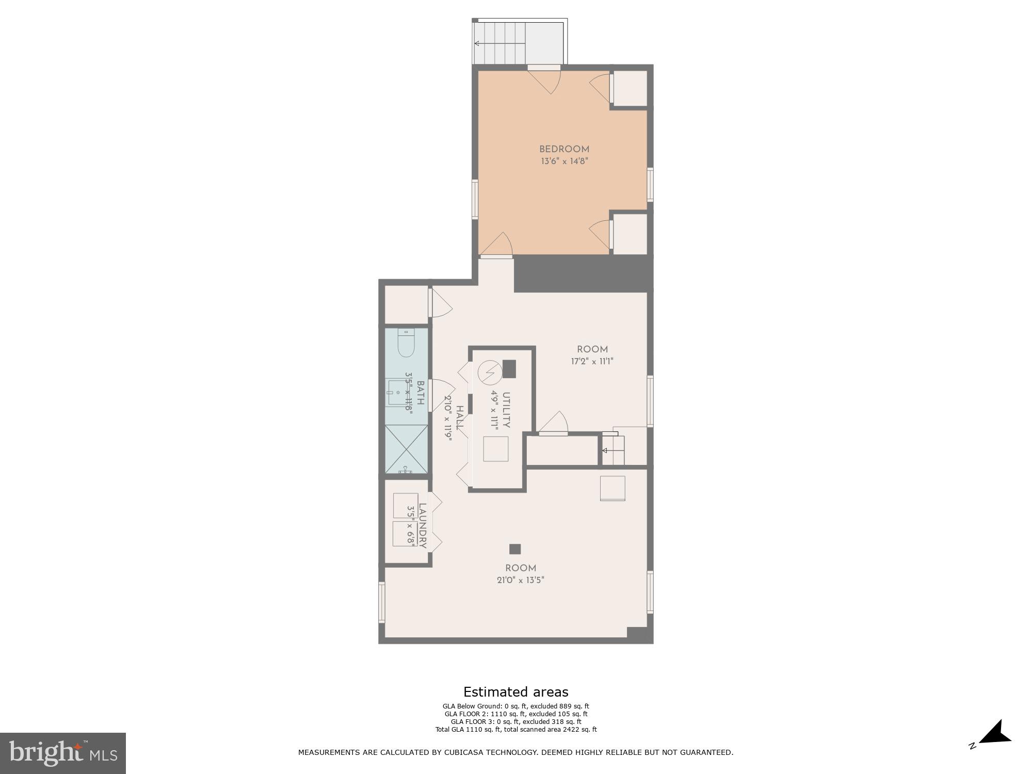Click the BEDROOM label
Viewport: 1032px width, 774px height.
click(x=564, y=149)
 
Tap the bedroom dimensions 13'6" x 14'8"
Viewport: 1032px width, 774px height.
click(x=564, y=161)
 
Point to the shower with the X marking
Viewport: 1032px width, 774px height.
click(x=406, y=449)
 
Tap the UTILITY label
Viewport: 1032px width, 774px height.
click(x=506, y=410)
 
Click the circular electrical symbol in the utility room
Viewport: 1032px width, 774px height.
click(x=489, y=372)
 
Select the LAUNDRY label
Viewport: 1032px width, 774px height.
click(x=423, y=526)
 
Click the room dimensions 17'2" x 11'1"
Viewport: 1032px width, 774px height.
click(x=592, y=362)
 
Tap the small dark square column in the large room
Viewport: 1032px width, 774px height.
click(x=514, y=549)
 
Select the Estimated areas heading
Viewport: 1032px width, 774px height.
click(x=515, y=692)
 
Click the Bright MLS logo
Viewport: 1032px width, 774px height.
click(x=62, y=753)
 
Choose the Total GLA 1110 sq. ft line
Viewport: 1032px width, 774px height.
click(x=515, y=729)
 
